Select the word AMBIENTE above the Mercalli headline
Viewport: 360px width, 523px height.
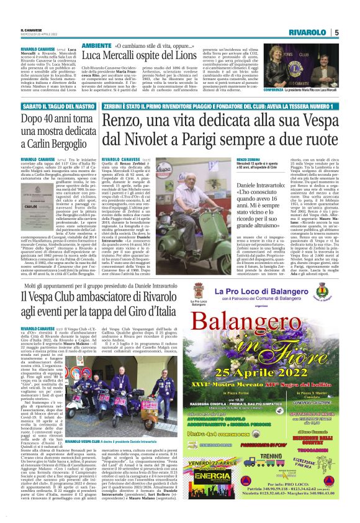(x=97, y=47)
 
